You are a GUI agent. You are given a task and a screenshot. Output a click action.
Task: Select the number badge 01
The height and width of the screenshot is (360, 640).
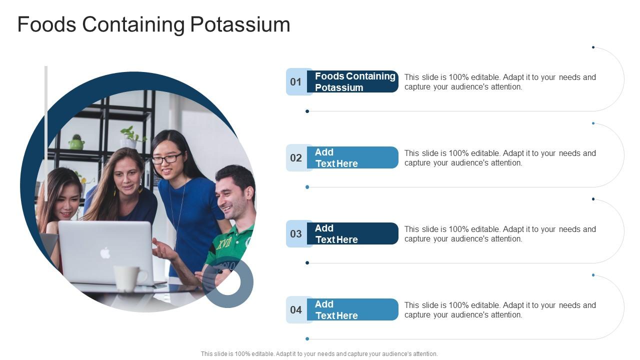click(x=296, y=82)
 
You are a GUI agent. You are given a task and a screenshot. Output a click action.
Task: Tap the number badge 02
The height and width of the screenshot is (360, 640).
click(x=296, y=158)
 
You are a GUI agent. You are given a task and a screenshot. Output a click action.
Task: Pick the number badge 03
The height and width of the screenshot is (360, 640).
click(x=296, y=234)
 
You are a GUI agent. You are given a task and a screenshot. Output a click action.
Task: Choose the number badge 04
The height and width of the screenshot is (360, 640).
click(x=296, y=310)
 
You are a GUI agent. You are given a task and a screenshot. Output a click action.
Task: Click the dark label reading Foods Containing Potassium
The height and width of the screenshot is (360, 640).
click(x=354, y=82)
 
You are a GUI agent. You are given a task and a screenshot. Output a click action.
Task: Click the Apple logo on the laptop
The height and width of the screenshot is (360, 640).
click(x=105, y=253)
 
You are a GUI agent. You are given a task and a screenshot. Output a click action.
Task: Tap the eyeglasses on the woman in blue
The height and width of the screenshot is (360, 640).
click(x=166, y=159)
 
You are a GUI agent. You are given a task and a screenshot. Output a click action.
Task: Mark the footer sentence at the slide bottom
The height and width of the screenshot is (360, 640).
click(x=319, y=353)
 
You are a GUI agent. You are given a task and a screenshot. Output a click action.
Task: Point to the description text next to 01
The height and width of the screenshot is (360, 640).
click(x=500, y=82)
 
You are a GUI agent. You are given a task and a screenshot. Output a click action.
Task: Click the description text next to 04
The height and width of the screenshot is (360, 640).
click(x=500, y=310)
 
